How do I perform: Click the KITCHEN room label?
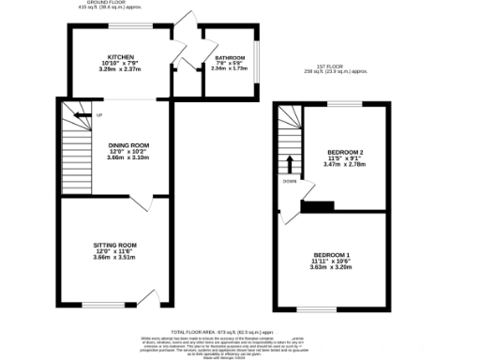[x=119, y=56]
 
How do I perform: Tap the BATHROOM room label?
[x=229, y=58]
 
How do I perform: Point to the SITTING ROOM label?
[x=115, y=245]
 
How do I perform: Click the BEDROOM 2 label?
[x=345, y=152]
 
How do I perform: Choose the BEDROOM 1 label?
[x=332, y=256]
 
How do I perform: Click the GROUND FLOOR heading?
[x=108, y=3]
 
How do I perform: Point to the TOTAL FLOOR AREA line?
[x=217, y=333]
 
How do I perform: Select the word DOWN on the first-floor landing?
[x=289, y=181]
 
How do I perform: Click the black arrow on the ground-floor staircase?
[x=82, y=115]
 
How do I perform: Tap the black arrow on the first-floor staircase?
[x=289, y=164]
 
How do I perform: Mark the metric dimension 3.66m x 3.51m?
[x=115, y=257]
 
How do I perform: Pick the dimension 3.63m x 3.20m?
[x=332, y=268]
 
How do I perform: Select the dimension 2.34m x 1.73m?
[x=229, y=68]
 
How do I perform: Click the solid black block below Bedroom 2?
[x=320, y=207]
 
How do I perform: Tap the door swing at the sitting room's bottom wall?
[x=145, y=298]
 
